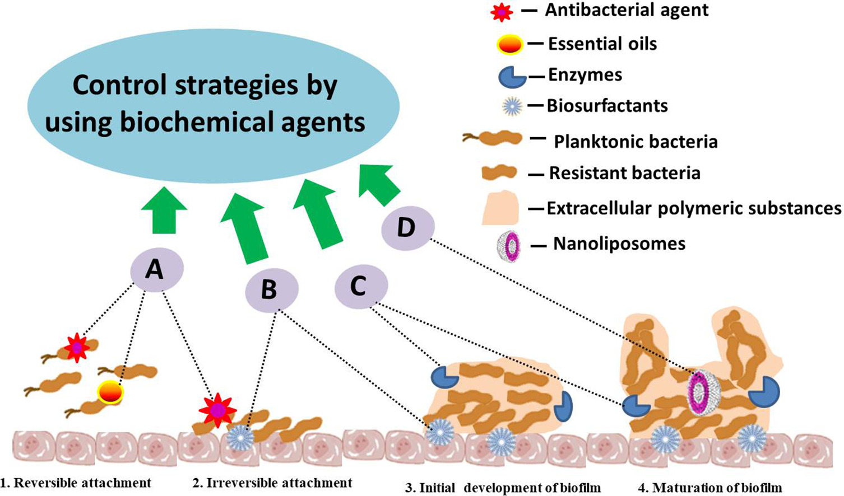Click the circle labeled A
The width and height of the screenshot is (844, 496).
click(156, 270)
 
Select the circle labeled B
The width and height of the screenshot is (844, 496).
click(272, 289)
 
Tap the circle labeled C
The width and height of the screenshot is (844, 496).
click(361, 287)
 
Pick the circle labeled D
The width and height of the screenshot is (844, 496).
click(407, 228)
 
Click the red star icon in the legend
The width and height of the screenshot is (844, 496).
click(501, 12)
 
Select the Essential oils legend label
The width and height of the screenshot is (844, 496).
click(602, 44)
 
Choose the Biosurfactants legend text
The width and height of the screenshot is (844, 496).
click(607, 106)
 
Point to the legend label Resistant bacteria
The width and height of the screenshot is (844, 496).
click(624, 173)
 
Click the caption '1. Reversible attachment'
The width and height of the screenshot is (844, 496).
click(76, 483)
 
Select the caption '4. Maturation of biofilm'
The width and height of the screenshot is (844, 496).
click(709, 488)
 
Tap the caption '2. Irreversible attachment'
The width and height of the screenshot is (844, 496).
click(272, 483)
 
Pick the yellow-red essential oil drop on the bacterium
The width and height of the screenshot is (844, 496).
click(110, 393)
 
